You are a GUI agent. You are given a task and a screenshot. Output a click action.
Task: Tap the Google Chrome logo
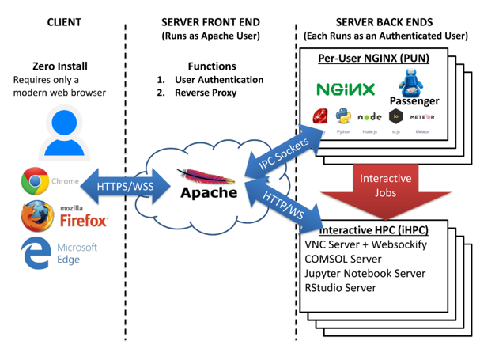click(x=35, y=182)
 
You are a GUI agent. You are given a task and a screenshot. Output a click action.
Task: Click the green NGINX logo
click(x=346, y=89)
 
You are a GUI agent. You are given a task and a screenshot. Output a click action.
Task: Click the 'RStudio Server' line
click(x=340, y=287)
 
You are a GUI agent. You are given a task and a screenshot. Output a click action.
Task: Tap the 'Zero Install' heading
click(x=60, y=66)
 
